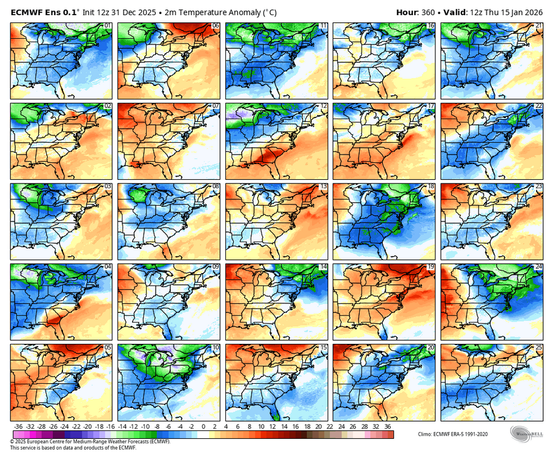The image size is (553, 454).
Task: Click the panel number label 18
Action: (431, 186)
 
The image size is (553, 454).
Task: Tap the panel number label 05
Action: (108, 347)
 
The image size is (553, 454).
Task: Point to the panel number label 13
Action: (324, 186)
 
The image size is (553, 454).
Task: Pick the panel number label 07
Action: (216, 106)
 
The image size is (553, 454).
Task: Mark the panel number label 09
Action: (216, 267)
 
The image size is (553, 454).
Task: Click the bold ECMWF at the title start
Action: (28, 12)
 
